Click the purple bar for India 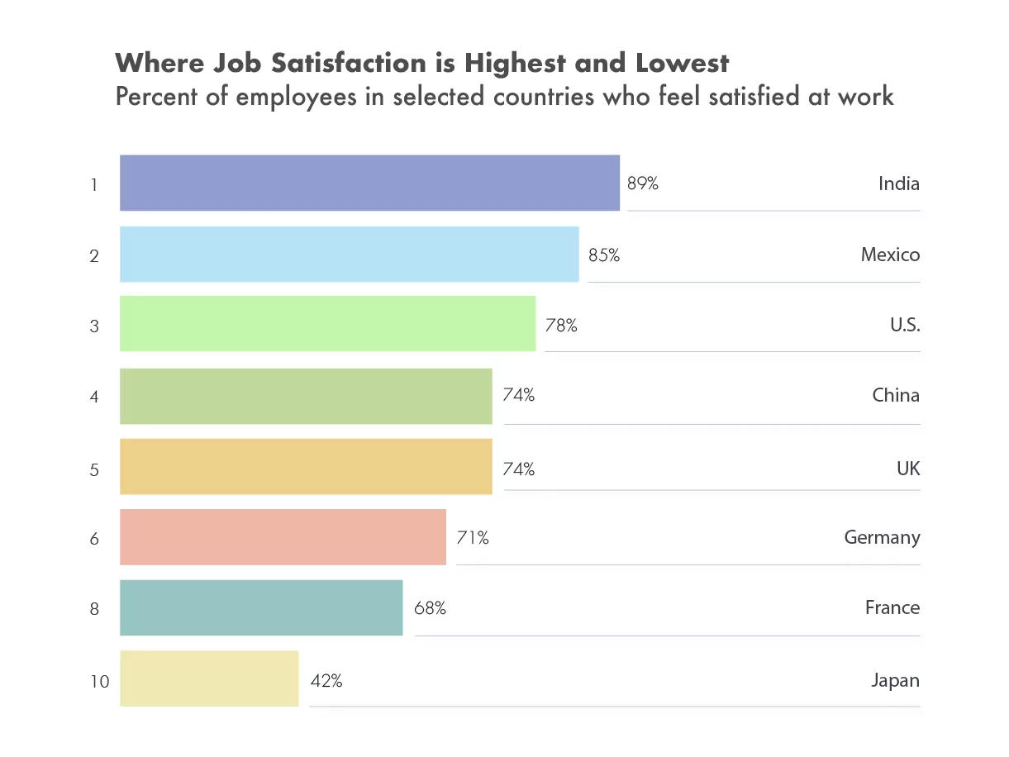tap(369, 183)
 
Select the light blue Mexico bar tap(349, 255)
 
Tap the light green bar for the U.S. tap(327, 324)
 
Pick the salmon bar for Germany tap(283, 537)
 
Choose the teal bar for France tap(261, 607)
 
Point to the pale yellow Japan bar tap(209, 678)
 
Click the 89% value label tap(642, 183)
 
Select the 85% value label tap(604, 255)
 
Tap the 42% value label tap(326, 681)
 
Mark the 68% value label tap(430, 608)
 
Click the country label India tap(898, 183)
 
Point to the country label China tap(896, 395)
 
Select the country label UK tap(908, 469)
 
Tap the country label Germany tap(882, 538)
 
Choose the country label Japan tap(895, 681)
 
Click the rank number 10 tap(100, 682)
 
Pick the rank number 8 tap(94, 609)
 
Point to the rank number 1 tap(94, 185)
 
